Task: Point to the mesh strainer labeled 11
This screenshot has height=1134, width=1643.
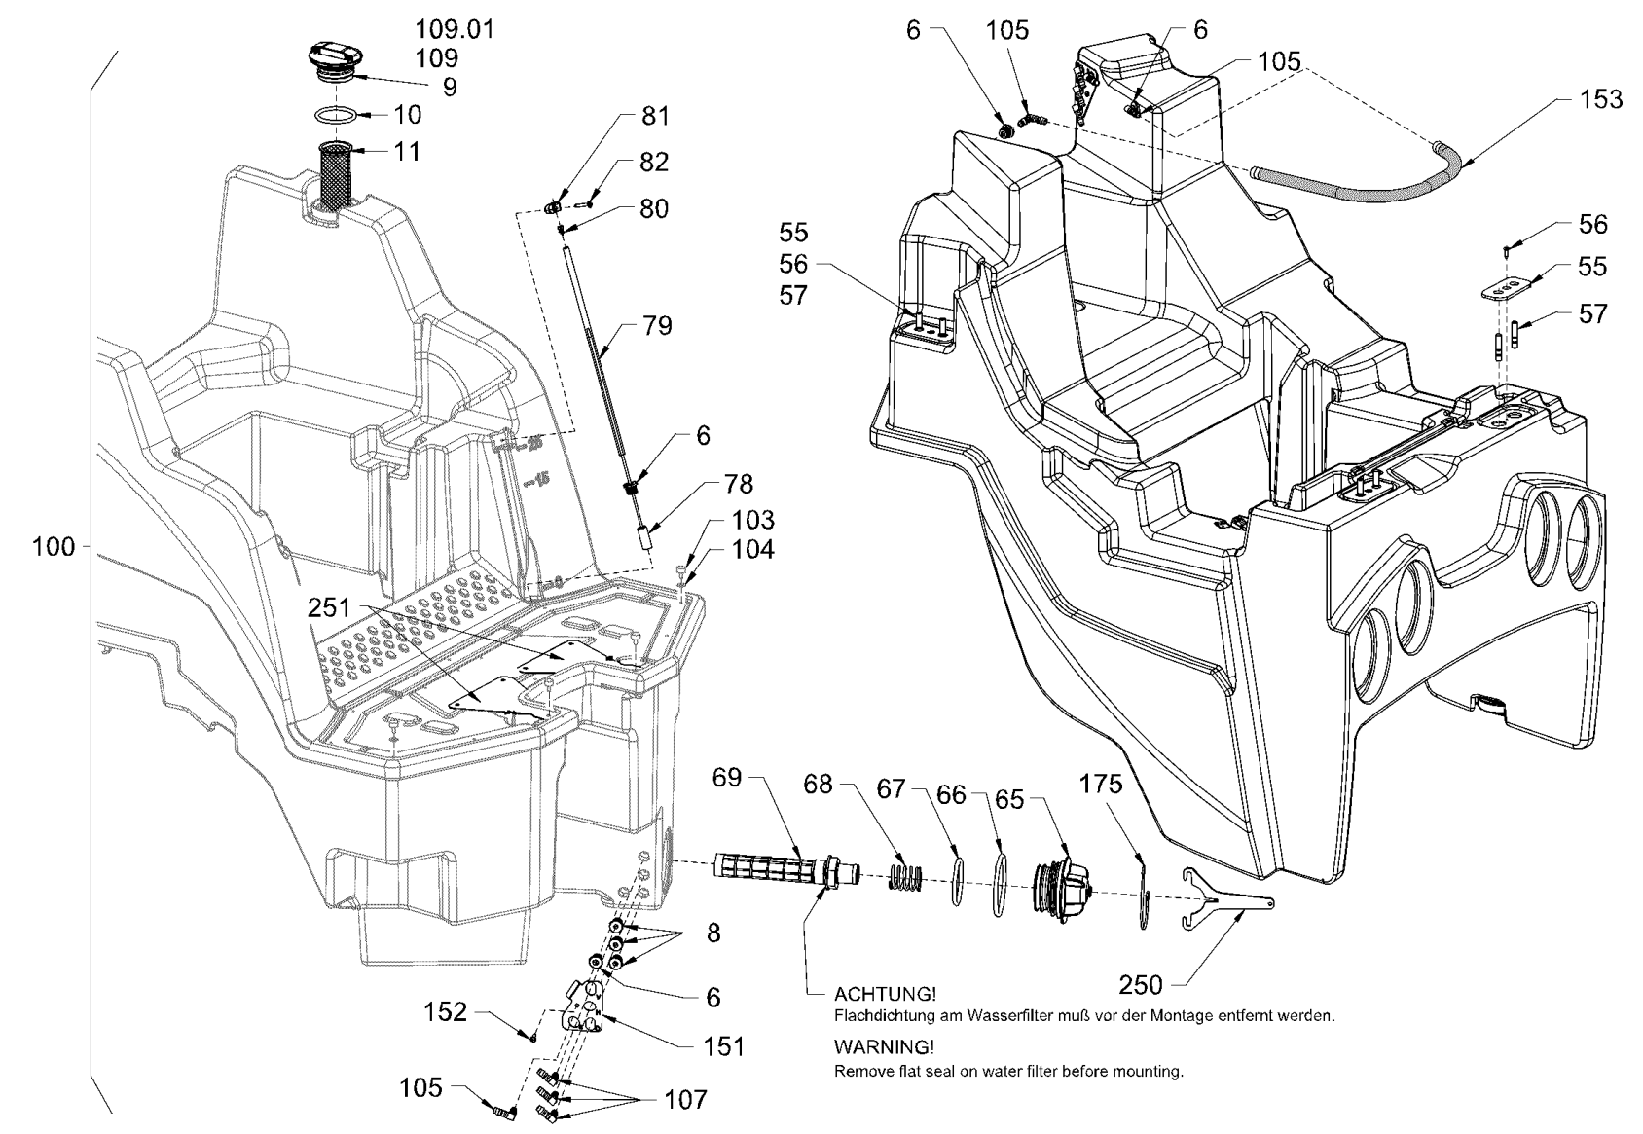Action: pos(336,174)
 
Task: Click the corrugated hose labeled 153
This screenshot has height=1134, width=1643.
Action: pos(1353,190)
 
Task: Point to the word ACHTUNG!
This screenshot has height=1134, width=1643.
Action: pos(886,994)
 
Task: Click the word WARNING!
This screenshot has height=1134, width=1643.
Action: pos(884,1047)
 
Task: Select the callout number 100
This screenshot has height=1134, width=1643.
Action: pos(54,547)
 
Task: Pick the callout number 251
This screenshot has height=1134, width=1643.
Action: pos(329,607)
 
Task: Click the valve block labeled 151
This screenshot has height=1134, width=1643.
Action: pos(588,1012)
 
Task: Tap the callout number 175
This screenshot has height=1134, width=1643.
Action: pos(1101,784)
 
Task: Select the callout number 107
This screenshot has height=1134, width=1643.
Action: pos(685,1100)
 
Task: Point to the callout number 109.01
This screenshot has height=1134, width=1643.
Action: pos(455,30)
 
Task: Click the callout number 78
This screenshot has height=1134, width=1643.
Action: pos(738,484)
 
